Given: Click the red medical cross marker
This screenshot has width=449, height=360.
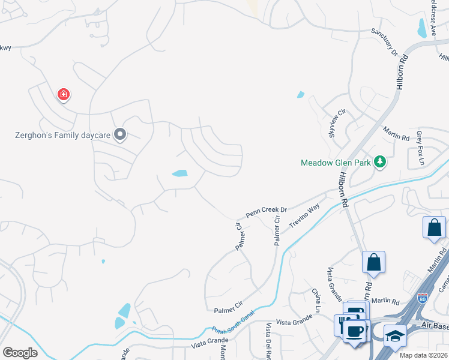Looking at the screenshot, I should pos(63,94).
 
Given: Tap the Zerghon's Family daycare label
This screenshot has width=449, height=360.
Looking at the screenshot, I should pos(63,135).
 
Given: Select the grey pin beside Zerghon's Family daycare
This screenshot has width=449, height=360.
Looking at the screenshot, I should pos(120,134).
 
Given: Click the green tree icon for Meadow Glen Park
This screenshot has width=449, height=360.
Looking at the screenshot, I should pos(379,162).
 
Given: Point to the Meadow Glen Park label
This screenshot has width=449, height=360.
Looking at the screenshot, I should pos(336,163).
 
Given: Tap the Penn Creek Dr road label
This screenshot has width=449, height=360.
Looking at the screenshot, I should pos(267,213).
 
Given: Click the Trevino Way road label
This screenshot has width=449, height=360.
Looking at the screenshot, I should pos(304,216).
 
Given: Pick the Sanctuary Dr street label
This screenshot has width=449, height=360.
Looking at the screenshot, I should pos(385,41).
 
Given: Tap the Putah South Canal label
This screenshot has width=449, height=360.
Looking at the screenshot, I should pos(234,322).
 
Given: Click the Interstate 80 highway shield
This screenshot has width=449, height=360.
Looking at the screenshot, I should pos(423,298).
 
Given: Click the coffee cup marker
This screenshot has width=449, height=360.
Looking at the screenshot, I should pos(354,331).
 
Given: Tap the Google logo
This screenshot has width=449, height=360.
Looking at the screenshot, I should pos(20,352).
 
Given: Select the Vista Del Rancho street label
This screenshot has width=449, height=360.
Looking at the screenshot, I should pos(269,342).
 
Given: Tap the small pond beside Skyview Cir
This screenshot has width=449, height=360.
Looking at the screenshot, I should pos(300,95).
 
